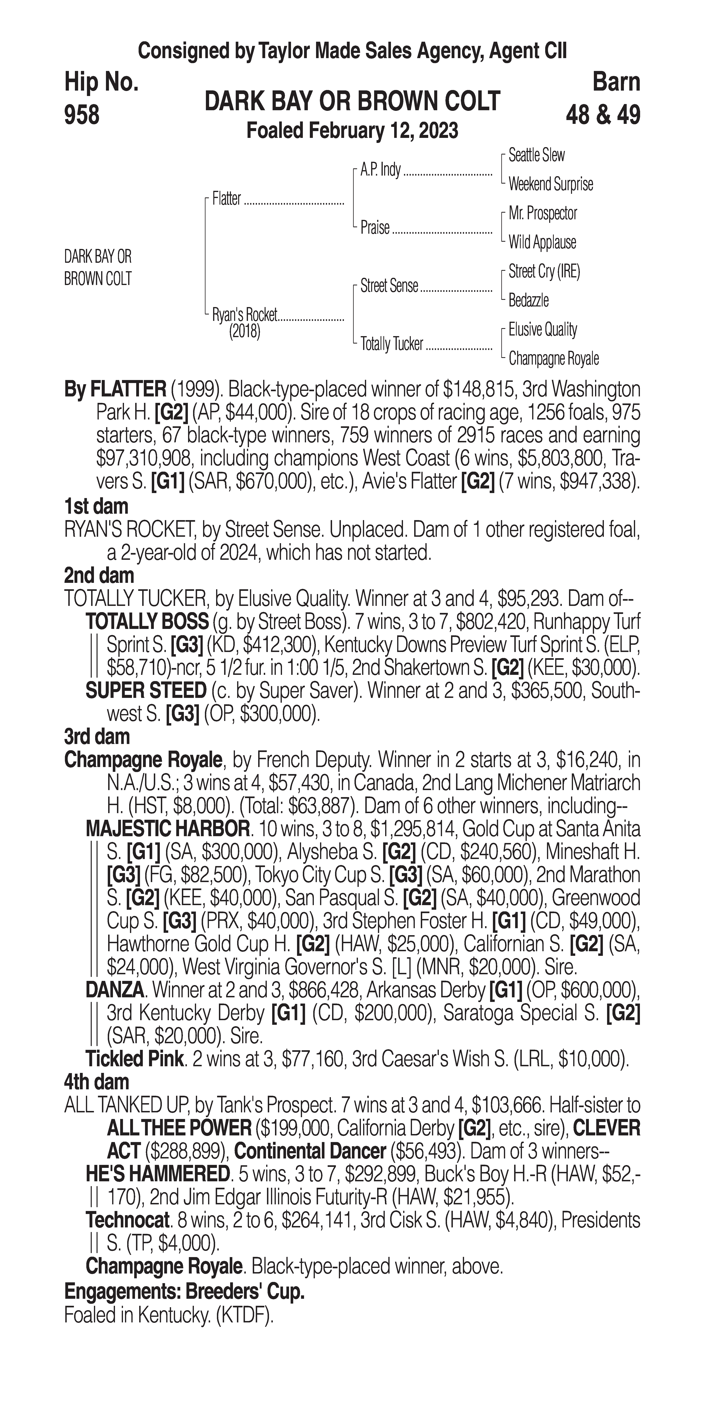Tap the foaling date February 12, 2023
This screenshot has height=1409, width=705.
coord(352,131)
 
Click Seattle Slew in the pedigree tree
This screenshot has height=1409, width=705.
coord(536,155)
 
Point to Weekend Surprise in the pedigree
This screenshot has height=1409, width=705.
coord(550,184)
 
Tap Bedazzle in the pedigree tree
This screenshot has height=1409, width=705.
coord(529,300)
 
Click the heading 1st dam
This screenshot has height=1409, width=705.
coord(96,506)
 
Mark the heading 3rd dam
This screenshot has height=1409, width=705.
coord(97,737)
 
